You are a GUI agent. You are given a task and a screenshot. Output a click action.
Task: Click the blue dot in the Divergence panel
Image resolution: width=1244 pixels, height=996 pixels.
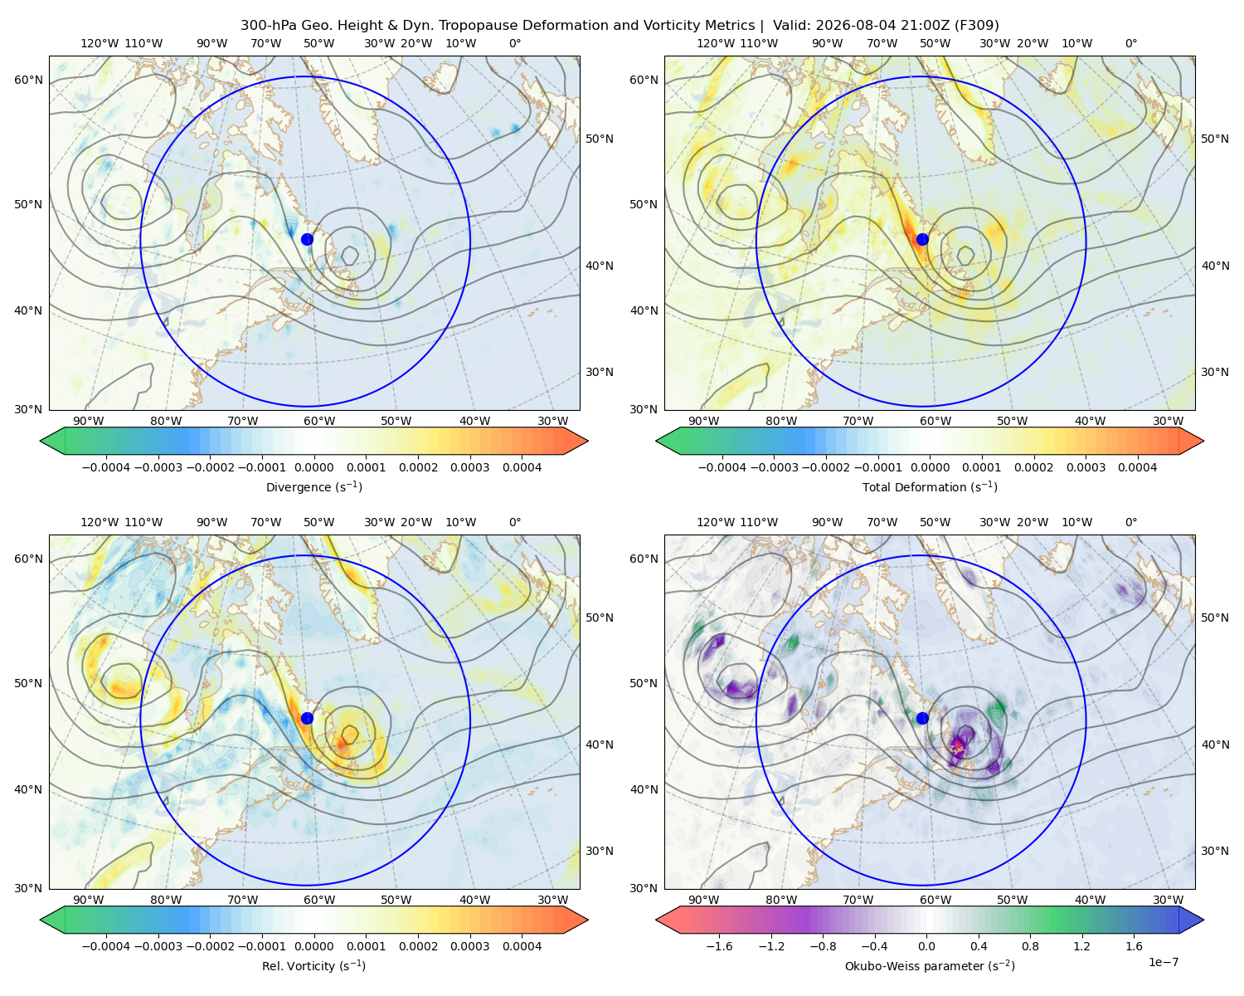307,239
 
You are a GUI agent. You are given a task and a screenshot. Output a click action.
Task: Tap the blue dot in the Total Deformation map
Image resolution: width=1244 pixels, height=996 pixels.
922,239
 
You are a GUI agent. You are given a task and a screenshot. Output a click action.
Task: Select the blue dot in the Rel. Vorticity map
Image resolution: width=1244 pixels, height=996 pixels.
307,718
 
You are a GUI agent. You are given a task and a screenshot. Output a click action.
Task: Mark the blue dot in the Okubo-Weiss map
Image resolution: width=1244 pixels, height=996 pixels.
922,718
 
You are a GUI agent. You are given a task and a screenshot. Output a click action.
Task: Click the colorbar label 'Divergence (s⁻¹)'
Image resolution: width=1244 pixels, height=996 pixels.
313,486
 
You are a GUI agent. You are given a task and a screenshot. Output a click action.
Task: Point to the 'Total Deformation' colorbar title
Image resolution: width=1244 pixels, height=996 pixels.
930,486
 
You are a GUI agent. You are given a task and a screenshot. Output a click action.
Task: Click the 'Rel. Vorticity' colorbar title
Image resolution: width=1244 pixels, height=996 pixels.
313,965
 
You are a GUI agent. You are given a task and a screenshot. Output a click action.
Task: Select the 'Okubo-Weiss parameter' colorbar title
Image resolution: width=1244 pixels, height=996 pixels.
930,965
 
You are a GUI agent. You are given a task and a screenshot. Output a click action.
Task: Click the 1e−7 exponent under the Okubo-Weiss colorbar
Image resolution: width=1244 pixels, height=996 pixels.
1163,962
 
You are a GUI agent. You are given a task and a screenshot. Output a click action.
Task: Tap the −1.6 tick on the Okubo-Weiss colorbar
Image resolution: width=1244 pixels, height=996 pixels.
719,946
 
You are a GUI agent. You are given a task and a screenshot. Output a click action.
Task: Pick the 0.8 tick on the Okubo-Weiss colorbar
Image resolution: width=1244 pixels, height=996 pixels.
1030,946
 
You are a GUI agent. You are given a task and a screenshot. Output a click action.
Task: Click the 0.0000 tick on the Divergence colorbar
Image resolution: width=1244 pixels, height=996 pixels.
313,467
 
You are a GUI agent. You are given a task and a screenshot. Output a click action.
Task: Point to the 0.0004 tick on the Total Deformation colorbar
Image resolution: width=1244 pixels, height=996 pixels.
1137,467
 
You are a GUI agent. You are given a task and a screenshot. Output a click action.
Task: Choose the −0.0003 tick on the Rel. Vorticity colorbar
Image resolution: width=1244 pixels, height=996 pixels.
158,946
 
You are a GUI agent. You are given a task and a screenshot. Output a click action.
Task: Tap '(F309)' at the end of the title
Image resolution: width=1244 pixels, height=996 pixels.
976,26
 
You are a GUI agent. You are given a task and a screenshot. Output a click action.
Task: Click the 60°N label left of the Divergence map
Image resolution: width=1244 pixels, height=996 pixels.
28,80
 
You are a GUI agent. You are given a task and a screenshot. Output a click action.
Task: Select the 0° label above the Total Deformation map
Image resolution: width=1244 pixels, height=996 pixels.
1130,43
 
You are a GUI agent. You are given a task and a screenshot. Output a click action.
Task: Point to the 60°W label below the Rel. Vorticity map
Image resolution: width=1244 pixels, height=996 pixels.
319,900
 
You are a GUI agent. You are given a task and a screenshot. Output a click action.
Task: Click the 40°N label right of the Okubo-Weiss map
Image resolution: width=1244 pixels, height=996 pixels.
1215,745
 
